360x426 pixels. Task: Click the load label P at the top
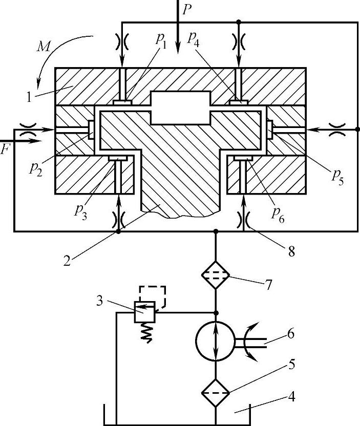tap(187, 10)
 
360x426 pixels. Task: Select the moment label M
tap(44, 47)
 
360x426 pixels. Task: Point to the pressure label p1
tap(161, 40)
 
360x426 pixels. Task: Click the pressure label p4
tap(193, 39)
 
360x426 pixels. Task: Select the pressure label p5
tap(337, 177)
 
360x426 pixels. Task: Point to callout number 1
tap(29, 97)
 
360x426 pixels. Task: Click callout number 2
tap(67, 261)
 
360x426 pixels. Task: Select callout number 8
tap(291, 251)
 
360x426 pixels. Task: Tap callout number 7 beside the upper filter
tap(268, 285)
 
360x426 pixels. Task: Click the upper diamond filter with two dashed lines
tap(216, 275)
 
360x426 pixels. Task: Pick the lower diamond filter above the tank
tap(216, 393)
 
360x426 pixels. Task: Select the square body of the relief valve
tap(144, 312)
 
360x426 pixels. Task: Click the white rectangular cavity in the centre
tap(181, 108)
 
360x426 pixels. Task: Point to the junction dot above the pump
tap(216, 313)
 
